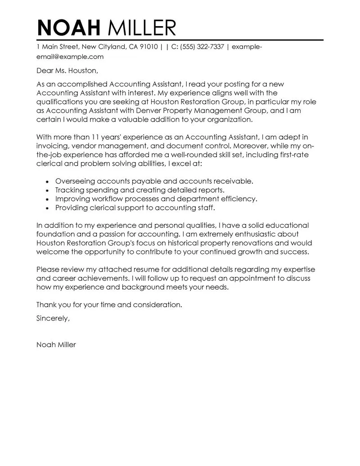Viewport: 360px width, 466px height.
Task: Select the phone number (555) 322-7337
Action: tap(201, 46)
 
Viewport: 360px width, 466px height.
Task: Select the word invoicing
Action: tap(52, 146)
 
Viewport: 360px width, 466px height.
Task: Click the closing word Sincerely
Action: tap(53, 318)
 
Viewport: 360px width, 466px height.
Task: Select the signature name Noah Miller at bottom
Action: tap(56, 345)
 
